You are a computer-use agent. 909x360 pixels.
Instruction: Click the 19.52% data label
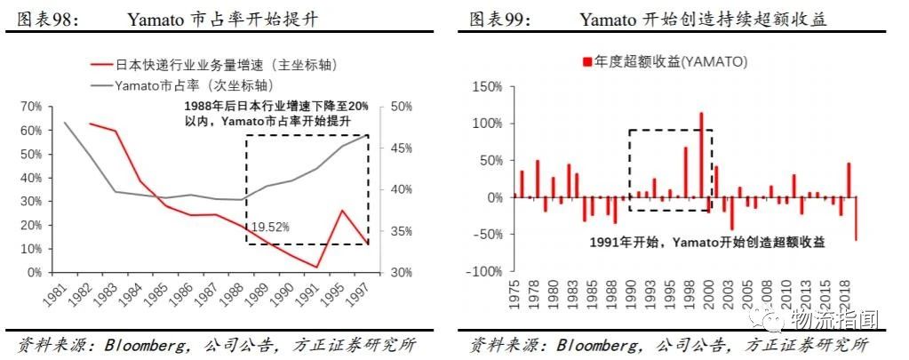pos(270,227)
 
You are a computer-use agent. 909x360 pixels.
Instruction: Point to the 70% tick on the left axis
pos(29,107)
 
